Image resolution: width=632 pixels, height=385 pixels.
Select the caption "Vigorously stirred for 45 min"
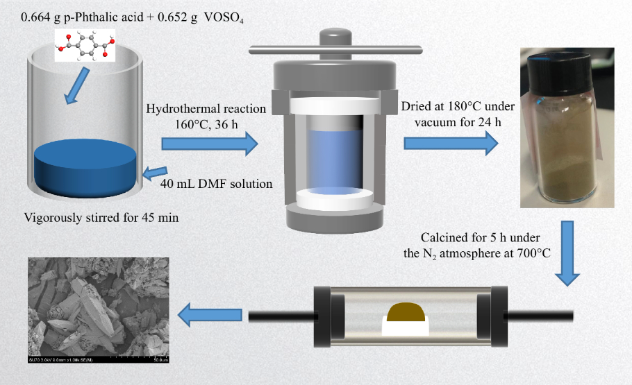coord(101,218)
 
